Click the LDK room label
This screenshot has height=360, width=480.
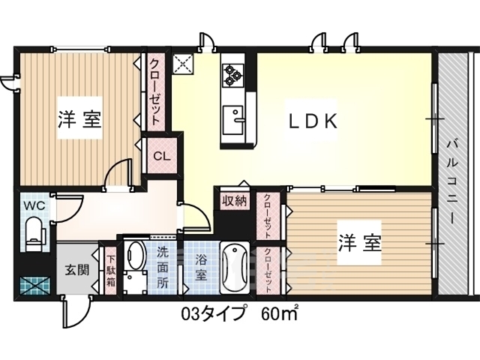tap(313, 121)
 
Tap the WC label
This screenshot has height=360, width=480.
tap(34, 205)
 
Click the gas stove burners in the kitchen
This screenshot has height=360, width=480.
tap(232, 74)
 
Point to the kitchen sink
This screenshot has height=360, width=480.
tap(233, 120)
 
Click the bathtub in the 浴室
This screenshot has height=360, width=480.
tap(235, 268)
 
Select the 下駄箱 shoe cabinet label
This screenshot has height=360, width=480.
tap(110, 271)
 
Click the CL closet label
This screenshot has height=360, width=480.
tap(161, 157)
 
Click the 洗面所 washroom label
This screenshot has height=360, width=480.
tap(163, 267)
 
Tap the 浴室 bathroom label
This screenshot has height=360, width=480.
tap(201, 267)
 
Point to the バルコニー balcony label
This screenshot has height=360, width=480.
tap(452, 181)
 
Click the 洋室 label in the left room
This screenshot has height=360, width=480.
tap(79, 119)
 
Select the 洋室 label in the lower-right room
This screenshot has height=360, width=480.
tap(360, 243)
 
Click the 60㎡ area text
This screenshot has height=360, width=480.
tap(279, 313)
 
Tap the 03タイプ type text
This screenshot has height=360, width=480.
tap(214, 313)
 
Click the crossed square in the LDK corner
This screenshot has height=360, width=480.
tap(183, 64)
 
